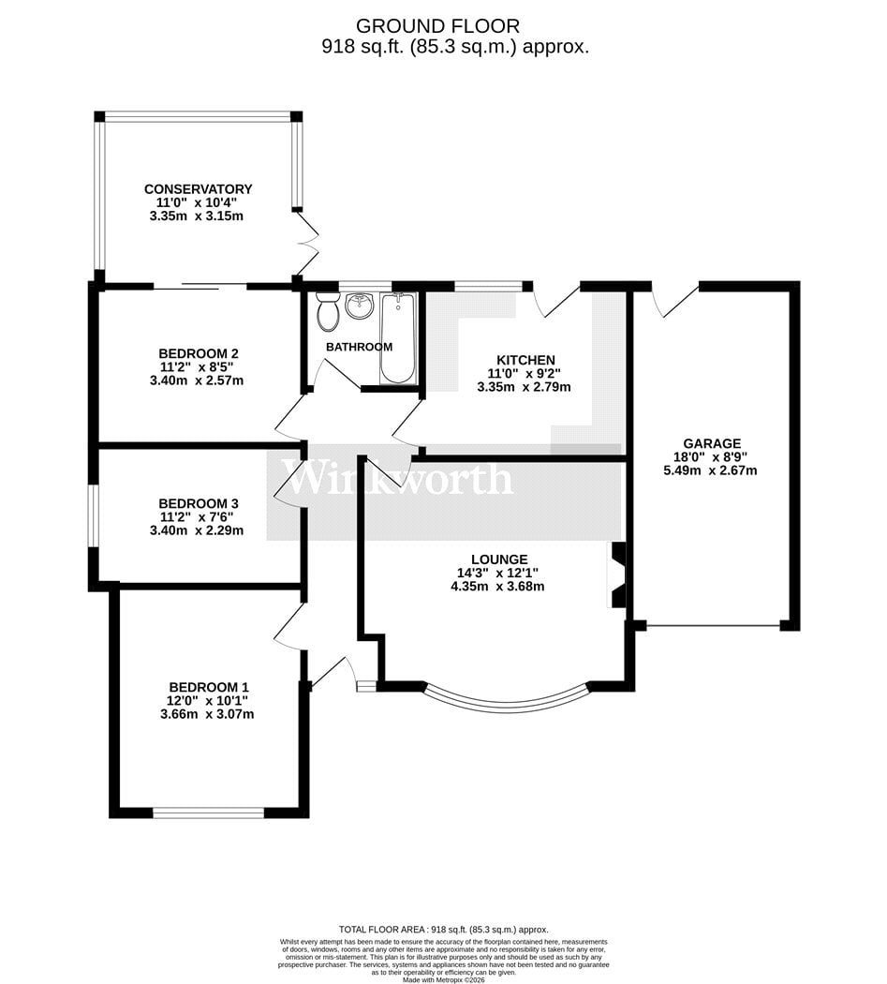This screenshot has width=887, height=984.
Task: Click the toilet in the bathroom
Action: [327, 311]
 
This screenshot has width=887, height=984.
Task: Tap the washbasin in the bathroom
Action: [360, 305]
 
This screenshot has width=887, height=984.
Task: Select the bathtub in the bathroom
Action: [398, 337]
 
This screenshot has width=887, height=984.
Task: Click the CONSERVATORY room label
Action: [199, 189]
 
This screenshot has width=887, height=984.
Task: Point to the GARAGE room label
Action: [712, 443]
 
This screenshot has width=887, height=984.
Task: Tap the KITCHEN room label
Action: [525, 360]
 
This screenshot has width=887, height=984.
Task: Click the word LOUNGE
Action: [499, 559]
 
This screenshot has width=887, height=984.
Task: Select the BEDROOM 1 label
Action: [209, 687]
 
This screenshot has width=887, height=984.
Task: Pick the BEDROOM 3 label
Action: [199, 503]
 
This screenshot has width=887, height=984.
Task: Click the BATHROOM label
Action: [360, 347]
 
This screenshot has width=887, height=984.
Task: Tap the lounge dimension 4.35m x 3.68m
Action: [497, 587]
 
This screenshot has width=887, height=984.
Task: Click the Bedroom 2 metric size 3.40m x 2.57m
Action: [197, 380]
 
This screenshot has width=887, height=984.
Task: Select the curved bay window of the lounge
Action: [507, 704]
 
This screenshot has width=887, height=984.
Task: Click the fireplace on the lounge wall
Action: [617, 574]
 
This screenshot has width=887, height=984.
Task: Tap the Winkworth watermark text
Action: [397, 479]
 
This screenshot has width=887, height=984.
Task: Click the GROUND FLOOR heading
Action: [437, 25]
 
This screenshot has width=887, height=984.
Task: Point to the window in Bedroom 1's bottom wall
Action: [208, 813]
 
